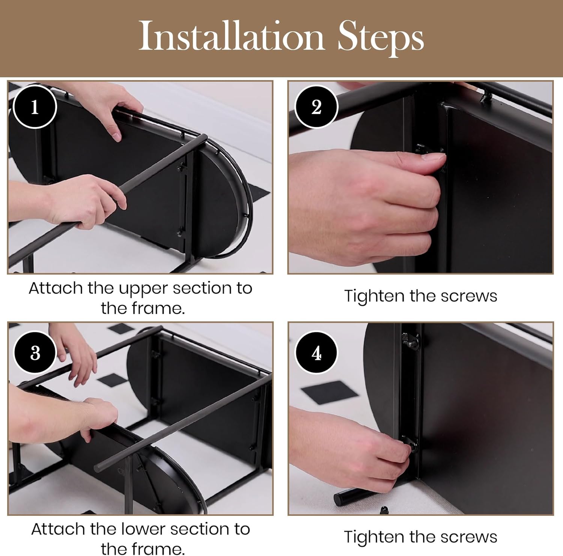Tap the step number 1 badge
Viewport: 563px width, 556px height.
pyautogui.click(x=35, y=107)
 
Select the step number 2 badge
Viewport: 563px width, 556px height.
pyautogui.click(x=316, y=107)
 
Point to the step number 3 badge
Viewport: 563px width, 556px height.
pyautogui.click(x=35, y=353)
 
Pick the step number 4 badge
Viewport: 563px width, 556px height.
pyautogui.click(x=316, y=353)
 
